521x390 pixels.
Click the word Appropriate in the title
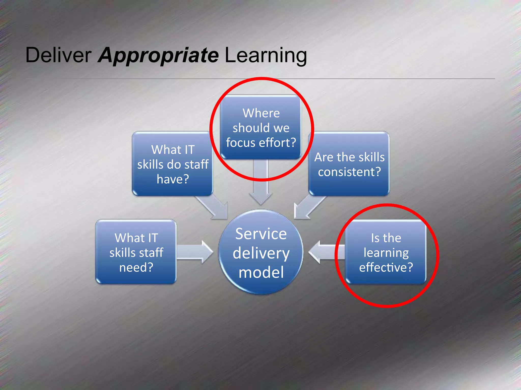[x=158, y=55]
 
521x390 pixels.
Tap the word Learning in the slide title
[x=266, y=55]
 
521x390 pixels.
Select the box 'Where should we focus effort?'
[x=261, y=127]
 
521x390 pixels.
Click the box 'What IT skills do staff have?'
[x=172, y=164]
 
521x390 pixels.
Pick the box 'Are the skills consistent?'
[x=349, y=164]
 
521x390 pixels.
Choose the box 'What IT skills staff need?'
[x=136, y=252]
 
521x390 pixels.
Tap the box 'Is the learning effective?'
[x=386, y=252]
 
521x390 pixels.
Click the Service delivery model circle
[x=261, y=252]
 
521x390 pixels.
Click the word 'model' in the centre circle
[x=261, y=272]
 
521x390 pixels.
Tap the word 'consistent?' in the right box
[x=349, y=172]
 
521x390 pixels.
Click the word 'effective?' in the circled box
[x=386, y=267]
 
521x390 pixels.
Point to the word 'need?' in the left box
[x=136, y=267]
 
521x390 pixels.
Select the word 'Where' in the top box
[x=261, y=113]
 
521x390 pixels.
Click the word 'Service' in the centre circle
[x=261, y=234]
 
